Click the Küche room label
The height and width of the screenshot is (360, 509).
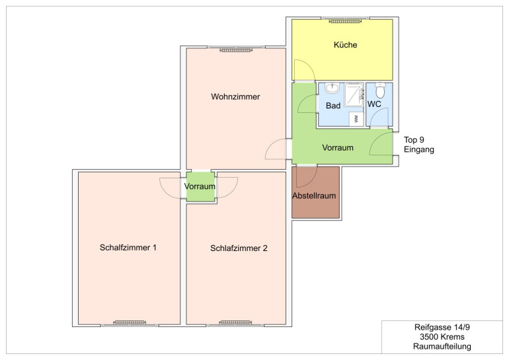pyautogui.click(x=345, y=45)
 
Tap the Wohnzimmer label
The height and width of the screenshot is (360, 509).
pyautogui.click(x=235, y=96)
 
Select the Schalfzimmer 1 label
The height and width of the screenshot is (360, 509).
pyautogui.click(x=128, y=248)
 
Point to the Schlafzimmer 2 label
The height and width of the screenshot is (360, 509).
pyautogui.click(x=239, y=248)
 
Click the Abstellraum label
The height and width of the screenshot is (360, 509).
pyautogui.click(x=314, y=196)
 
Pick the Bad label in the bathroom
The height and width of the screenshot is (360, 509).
pyautogui.click(x=333, y=106)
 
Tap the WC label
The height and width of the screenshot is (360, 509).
pyautogui.click(x=374, y=104)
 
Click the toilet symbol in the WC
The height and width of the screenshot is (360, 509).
pyautogui.click(x=380, y=90)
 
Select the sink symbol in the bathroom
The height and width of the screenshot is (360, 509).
pyautogui.click(x=333, y=88)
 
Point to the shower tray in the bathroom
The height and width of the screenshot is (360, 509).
pyautogui.click(x=354, y=94)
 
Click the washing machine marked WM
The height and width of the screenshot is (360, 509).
pyautogui.click(x=356, y=119)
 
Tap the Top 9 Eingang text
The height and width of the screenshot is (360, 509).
pyautogui.click(x=418, y=145)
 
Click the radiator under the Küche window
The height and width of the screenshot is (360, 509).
pyautogui.click(x=345, y=21)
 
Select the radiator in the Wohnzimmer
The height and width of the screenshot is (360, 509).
pyautogui.click(x=236, y=50)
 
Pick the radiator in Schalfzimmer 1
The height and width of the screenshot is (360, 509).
pyautogui.click(x=130, y=322)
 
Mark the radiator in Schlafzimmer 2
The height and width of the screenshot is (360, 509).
pyautogui.click(x=236, y=322)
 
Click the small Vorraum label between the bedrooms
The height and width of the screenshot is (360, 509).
pyautogui.click(x=200, y=186)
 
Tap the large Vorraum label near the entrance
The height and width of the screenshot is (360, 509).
pyautogui.click(x=338, y=148)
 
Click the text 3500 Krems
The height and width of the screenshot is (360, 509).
pyautogui.click(x=442, y=337)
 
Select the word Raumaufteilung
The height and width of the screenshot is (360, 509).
pyautogui.click(x=442, y=346)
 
